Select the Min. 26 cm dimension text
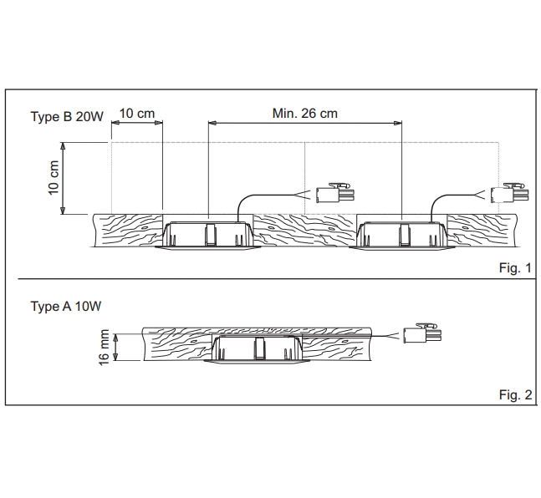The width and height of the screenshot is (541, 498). coord(305,114)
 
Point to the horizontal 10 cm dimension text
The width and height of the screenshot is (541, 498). coord(136,113)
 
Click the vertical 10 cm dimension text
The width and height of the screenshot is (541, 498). coord(54,179)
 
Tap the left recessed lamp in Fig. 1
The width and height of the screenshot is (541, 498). coord(208,233)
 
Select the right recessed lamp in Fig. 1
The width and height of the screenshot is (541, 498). coord(403,233)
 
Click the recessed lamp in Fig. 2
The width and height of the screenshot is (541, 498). coord(258,350)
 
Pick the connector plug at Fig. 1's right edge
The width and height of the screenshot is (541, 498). coord(509,194)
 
